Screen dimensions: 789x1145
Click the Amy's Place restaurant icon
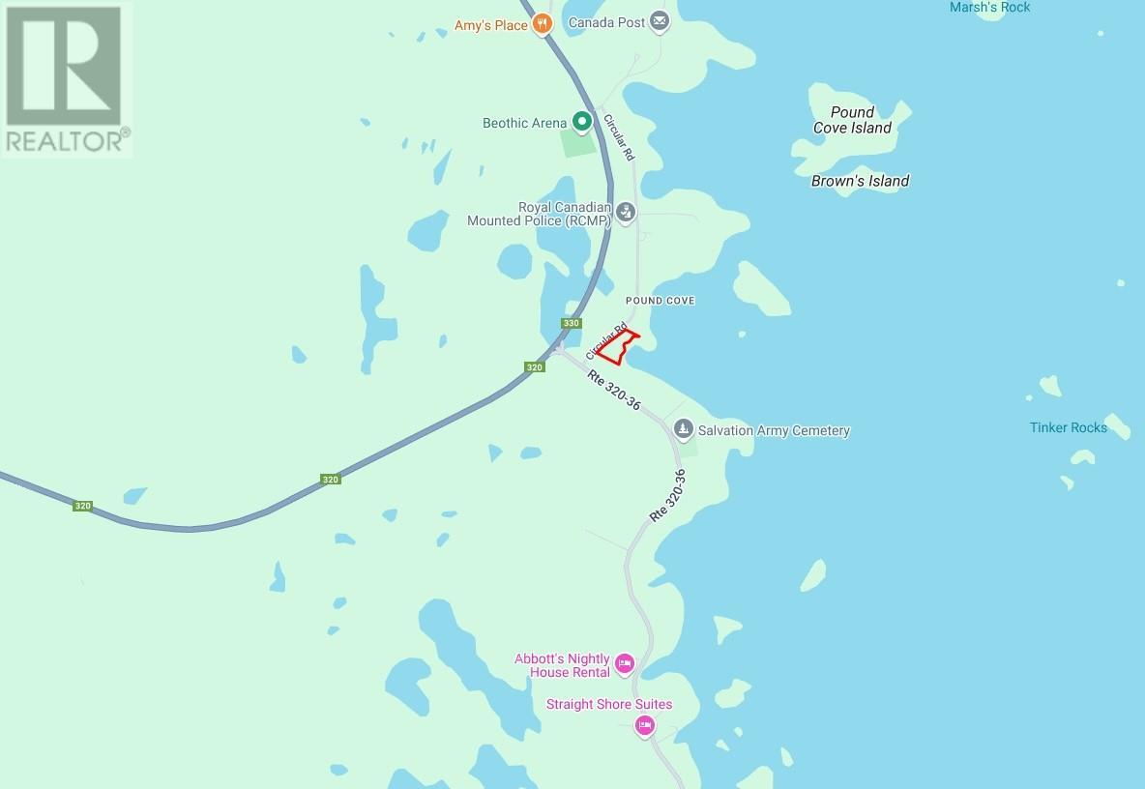point(543,25)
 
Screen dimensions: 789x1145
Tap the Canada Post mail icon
point(660,21)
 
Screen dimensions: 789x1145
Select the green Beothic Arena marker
point(581,123)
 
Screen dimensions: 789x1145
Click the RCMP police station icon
point(626,211)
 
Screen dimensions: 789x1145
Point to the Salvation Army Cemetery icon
point(683,429)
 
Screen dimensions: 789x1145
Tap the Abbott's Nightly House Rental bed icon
point(624,663)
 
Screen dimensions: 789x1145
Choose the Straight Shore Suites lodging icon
point(644,725)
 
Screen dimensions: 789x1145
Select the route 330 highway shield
point(572,323)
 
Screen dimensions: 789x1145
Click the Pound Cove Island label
point(851,120)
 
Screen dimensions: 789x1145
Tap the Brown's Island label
point(860,181)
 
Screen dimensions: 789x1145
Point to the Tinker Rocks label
point(1068,427)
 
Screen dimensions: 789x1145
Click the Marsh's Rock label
point(989,8)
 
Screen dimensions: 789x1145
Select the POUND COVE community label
point(660,301)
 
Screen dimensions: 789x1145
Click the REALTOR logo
point(66,78)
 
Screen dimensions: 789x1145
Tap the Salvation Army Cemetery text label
point(774,430)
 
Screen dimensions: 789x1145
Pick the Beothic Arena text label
point(525,123)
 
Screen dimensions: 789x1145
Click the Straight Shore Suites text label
point(609,704)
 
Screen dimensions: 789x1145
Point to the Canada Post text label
point(606,21)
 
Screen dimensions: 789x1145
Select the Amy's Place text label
point(491,25)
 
